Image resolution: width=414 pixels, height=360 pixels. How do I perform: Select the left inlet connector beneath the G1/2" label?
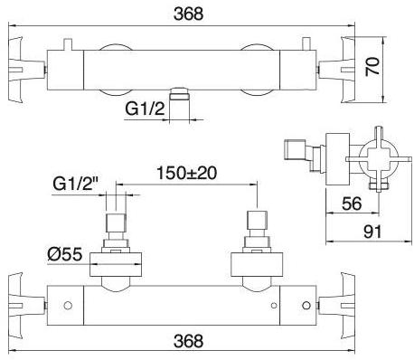pos(115,228)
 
